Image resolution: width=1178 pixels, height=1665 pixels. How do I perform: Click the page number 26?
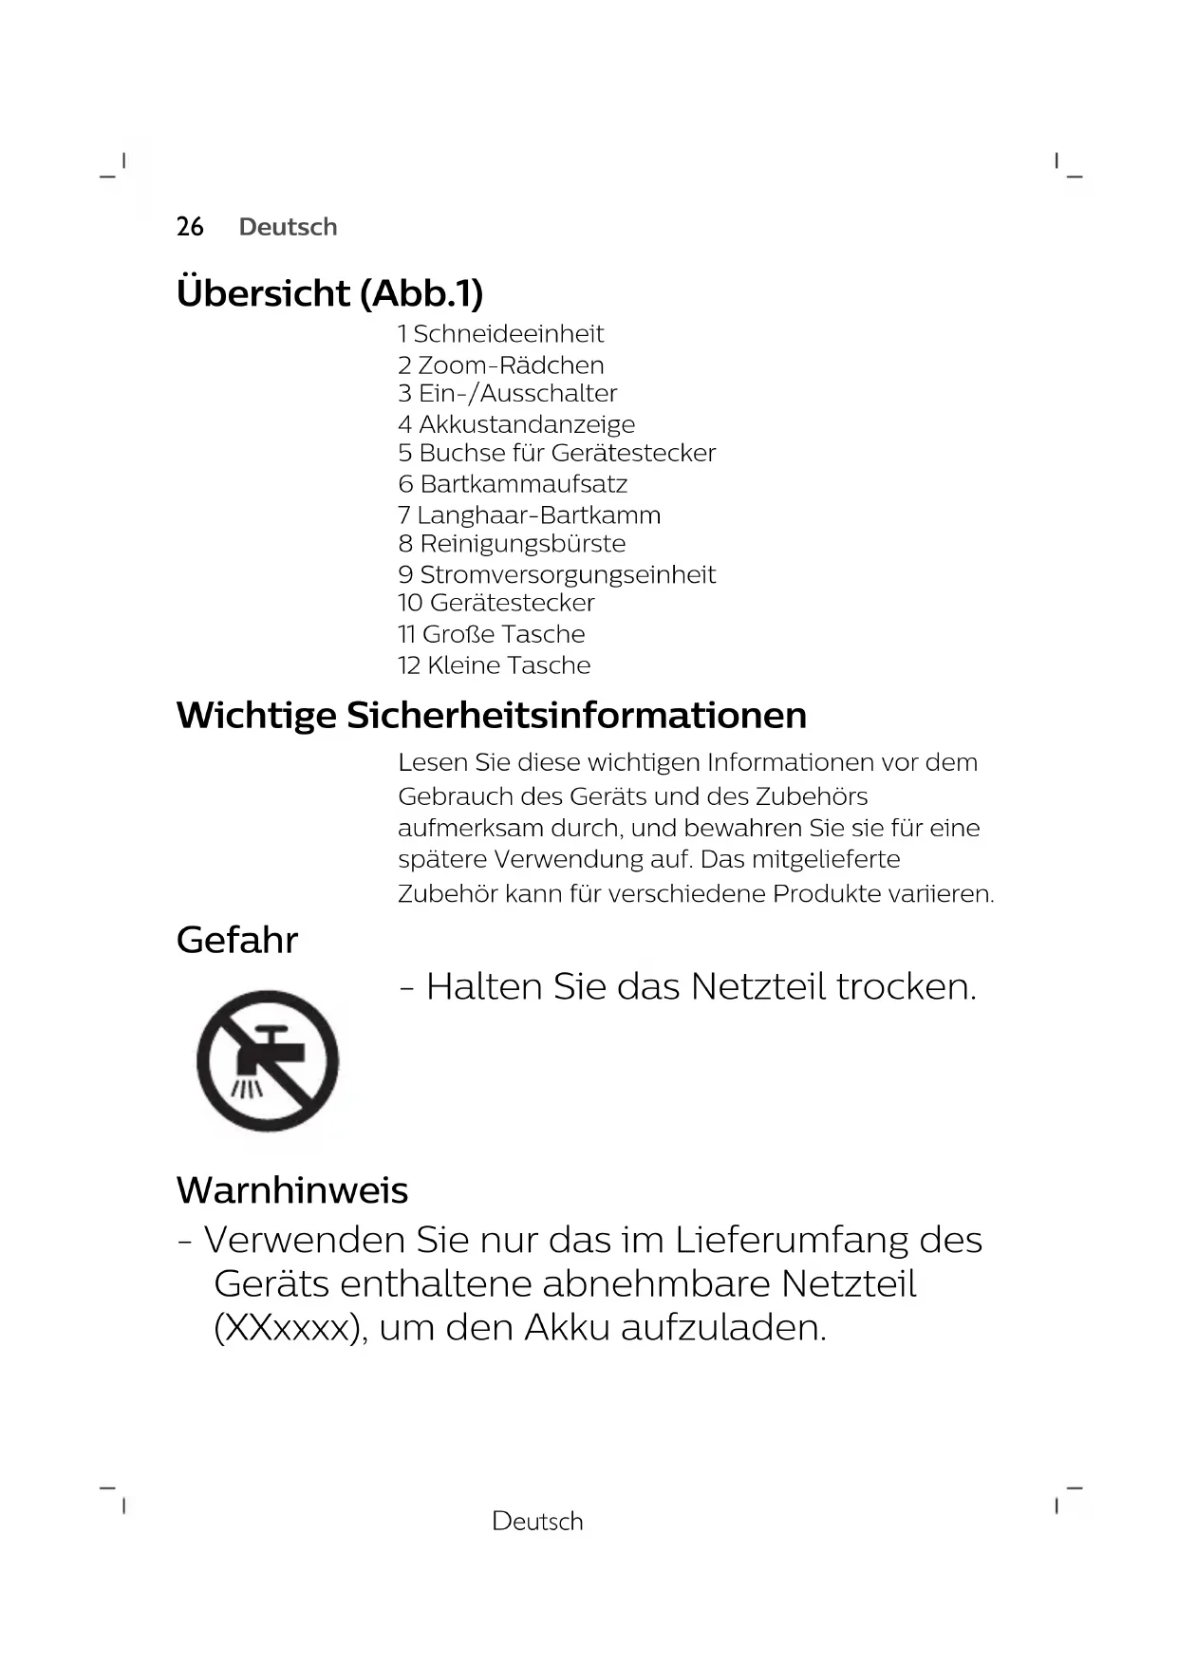(x=190, y=227)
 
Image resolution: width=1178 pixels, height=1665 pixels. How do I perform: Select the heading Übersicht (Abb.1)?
(x=329, y=292)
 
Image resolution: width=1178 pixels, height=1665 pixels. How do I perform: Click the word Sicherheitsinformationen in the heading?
(x=576, y=716)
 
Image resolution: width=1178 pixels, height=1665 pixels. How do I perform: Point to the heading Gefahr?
(x=237, y=941)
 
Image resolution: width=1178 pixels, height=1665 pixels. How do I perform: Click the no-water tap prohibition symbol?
(x=268, y=1061)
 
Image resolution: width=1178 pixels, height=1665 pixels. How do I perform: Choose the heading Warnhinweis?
(x=292, y=1190)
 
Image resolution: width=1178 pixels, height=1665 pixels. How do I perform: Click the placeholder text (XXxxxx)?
(x=290, y=1328)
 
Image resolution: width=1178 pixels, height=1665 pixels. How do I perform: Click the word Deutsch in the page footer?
(x=537, y=1522)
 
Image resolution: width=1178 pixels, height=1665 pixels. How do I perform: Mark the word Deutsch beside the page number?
(x=289, y=227)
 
